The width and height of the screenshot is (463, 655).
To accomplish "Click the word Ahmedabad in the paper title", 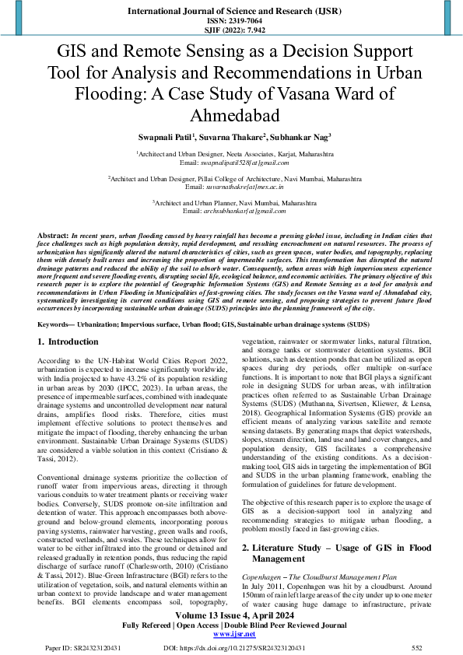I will (x=231, y=116).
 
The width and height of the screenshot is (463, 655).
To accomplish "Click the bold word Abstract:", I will (x=54, y=234).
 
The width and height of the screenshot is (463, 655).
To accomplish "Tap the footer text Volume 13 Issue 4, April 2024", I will (x=231, y=615).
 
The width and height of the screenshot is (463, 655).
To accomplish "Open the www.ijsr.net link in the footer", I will (x=231, y=634).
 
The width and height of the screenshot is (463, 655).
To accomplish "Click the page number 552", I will (x=416, y=647).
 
